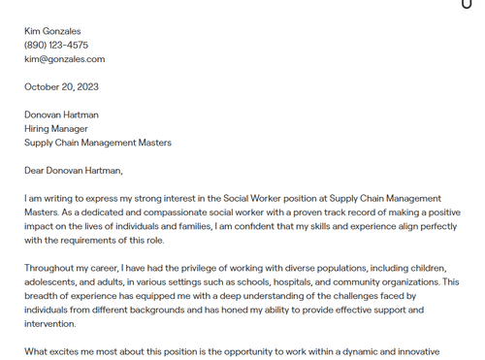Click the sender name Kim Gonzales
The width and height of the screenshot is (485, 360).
52,31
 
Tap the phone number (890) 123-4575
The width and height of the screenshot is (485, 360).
56,45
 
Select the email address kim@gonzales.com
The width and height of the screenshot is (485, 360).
64,59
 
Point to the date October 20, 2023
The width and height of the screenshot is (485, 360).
61,87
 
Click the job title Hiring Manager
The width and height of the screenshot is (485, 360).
56,128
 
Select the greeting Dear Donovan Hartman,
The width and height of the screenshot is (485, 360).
74,171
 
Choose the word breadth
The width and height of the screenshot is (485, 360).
43,296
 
